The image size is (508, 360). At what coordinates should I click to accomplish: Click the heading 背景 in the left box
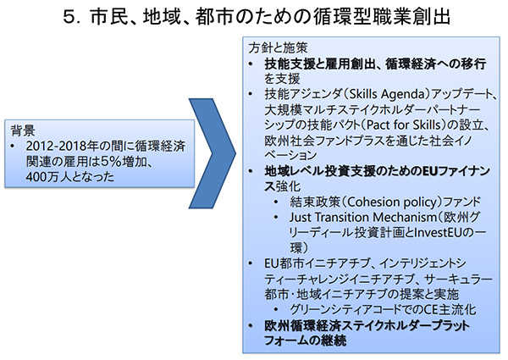[x=23, y=130]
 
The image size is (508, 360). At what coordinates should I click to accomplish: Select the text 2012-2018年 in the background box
[x=62, y=147]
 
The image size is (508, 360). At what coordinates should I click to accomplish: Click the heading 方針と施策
[x=278, y=48]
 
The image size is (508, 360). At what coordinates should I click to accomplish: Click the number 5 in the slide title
[x=69, y=17]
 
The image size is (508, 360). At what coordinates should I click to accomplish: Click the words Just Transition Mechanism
[x=363, y=217]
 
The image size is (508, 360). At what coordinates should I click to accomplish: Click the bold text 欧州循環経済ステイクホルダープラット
[x=367, y=325]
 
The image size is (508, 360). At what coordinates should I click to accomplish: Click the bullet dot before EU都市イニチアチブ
[x=250, y=263]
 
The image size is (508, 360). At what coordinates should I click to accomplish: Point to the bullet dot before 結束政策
[x=275, y=202]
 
